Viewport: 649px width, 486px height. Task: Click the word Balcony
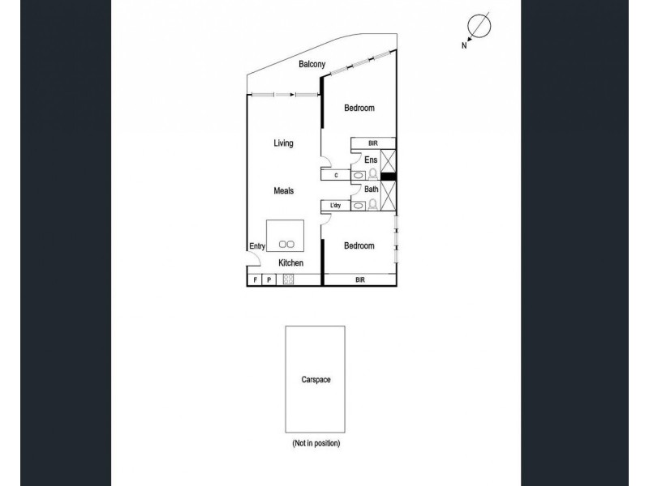coord(312,64)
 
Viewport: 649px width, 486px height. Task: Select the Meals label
coord(282,191)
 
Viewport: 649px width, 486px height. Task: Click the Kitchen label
coord(290,263)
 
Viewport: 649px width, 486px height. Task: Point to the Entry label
coord(256,246)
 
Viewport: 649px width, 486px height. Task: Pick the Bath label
coord(371,190)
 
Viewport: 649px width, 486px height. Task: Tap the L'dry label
coord(335,206)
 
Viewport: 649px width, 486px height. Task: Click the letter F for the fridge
coord(255,280)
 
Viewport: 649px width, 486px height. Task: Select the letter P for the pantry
coord(269,280)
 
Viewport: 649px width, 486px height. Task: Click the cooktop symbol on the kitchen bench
coord(288,280)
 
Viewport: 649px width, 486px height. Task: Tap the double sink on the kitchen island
coord(286,243)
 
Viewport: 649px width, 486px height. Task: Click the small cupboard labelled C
coord(335,174)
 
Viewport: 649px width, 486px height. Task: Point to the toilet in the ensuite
coord(374,173)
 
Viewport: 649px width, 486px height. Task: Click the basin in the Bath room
coord(359,205)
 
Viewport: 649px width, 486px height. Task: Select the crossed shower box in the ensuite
coord(387,160)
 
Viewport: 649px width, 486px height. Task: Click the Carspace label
coord(314,379)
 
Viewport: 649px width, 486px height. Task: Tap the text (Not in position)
coord(316,444)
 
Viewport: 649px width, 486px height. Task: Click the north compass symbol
coord(479,27)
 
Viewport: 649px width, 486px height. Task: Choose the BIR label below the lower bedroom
coord(359,280)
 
